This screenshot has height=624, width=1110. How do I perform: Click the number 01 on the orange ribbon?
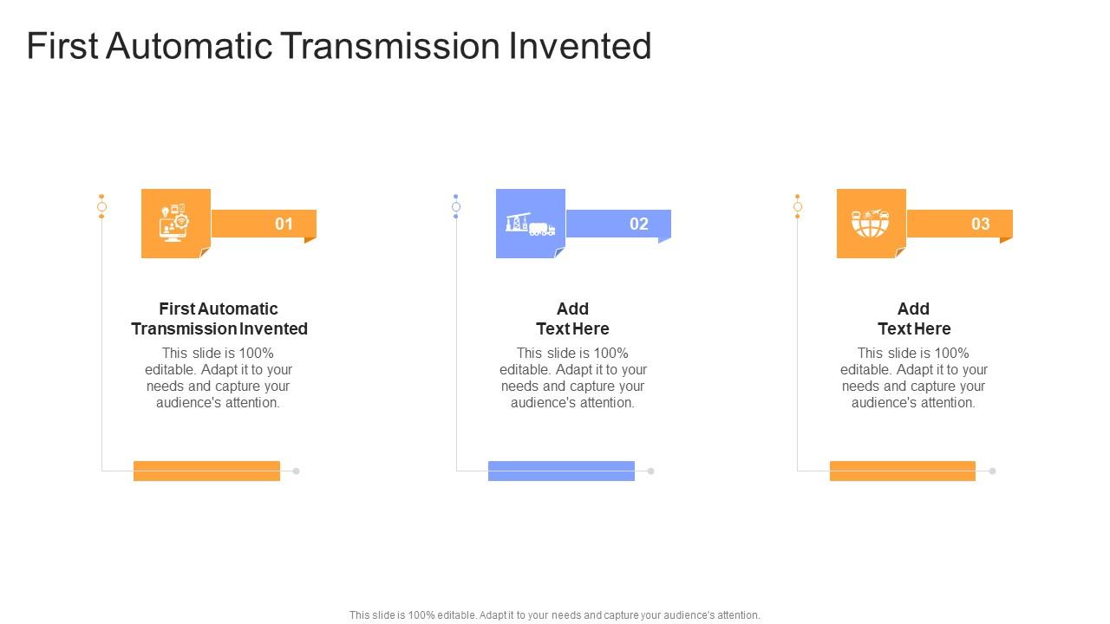pos(284,224)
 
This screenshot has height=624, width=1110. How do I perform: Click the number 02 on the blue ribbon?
pos(639,224)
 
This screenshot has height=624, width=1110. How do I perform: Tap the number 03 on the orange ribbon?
pos(980,224)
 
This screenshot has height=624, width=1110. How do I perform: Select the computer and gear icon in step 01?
pos(174,223)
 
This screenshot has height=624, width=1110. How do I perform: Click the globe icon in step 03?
pos(871,224)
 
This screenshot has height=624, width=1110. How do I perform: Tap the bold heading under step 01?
pos(219,318)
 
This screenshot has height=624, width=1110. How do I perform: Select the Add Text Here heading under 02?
pos(572,318)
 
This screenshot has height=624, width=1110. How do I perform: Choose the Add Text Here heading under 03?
pos(914,318)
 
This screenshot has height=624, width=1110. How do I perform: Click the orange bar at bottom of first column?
pos(206,471)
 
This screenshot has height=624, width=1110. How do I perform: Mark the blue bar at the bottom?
pos(561,471)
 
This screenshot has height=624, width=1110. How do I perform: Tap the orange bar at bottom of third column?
pos(902,471)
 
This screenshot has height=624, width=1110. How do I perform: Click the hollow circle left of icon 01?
pos(101,206)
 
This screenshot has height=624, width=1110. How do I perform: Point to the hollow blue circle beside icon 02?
pos(456,206)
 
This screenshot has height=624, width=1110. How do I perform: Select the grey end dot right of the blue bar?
pos(651,471)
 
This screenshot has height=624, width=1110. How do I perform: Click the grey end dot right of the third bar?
pos(993,471)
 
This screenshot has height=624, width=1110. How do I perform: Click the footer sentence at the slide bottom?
pos(555,614)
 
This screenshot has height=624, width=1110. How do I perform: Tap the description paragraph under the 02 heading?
pos(572,378)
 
